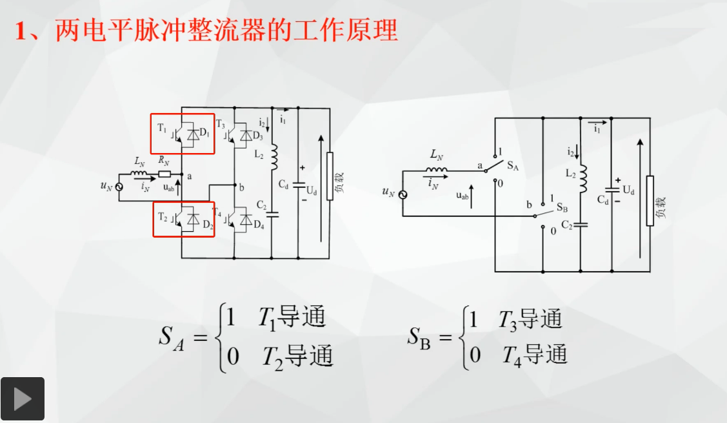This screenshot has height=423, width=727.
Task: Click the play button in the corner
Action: (22, 399)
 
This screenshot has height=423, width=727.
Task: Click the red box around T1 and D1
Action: (151, 134)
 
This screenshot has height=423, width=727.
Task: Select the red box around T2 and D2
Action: (154, 219)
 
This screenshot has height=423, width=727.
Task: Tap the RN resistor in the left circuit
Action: (164, 174)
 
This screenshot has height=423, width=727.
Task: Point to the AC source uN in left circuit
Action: (119, 187)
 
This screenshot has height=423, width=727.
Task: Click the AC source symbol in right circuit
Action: (403, 194)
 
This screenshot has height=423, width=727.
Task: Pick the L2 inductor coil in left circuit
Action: (274, 157)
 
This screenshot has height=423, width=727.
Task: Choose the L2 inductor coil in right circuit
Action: (583, 178)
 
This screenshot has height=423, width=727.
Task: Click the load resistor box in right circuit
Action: (650, 201)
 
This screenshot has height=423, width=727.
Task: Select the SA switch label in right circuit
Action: (513, 166)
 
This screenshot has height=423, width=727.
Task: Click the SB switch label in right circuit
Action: (562, 207)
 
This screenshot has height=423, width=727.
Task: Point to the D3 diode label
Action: (258, 136)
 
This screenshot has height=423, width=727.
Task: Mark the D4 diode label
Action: (259, 225)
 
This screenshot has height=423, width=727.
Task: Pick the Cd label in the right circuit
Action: (603, 200)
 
